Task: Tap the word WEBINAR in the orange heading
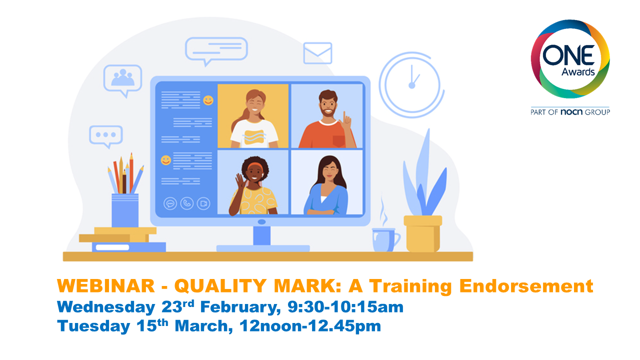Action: [x=106, y=285]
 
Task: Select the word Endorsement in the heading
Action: [x=526, y=286]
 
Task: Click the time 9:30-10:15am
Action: [x=345, y=306]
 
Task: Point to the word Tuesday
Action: [x=93, y=326]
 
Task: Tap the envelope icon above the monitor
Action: [x=317, y=53]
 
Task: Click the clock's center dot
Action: [x=411, y=85]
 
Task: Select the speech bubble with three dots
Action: [x=106, y=135]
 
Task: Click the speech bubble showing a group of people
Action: [x=123, y=79]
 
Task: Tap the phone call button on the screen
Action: [x=187, y=203]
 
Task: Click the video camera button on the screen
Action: [x=203, y=203]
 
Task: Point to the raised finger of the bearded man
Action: [x=344, y=116]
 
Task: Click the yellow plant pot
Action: [x=423, y=233]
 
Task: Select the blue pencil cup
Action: [x=125, y=210]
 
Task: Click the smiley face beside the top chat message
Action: [x=208, y=100]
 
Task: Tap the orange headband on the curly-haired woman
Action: [x=254, y=166]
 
